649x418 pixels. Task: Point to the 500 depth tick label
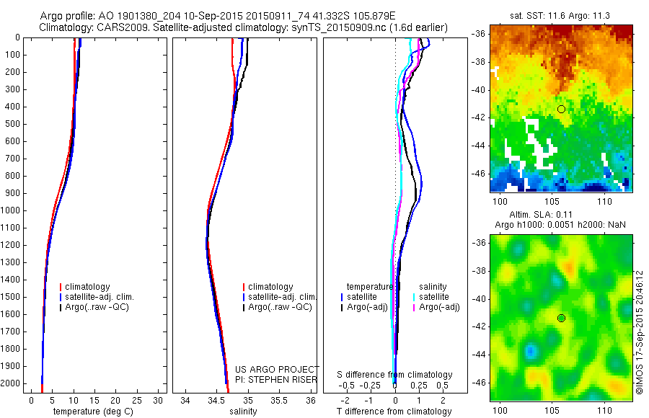[12, 124]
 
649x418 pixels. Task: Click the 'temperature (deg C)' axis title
[88, 412]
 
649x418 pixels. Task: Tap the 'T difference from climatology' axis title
[394, 412]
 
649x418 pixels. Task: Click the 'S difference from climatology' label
[395, 375]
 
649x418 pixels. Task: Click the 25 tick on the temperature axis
[138, 400]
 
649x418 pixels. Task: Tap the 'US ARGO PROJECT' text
[276, 370]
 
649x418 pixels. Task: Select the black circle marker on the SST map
[561, 109]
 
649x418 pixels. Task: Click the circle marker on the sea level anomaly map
[561, 318]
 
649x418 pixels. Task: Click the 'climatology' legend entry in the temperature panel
[87, 287]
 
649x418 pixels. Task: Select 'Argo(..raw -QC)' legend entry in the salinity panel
[280, 307]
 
